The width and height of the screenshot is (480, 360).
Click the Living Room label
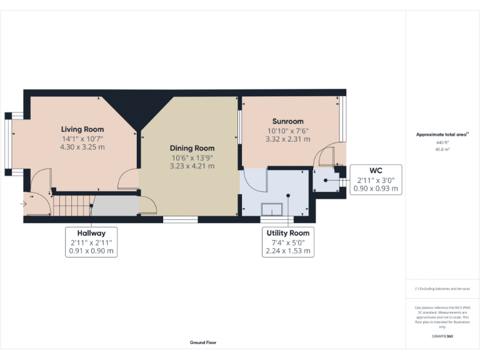click(82, 129)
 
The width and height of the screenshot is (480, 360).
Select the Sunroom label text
click(287, 121)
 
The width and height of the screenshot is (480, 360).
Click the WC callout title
click(376, 170)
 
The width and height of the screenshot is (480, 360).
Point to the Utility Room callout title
click(287, 232)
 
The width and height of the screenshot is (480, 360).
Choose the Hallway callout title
click(92, 232)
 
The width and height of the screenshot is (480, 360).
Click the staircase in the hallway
click(72, 204)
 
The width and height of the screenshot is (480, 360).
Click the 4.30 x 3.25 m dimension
click(82, 147)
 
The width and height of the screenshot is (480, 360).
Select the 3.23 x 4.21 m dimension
click(192, 166)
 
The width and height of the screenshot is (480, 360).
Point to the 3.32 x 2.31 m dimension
click(287, 140)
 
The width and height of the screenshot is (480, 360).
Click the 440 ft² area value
click(442, 142)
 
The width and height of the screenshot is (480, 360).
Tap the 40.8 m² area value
click(442, 149)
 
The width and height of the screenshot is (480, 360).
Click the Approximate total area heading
click(442, 134)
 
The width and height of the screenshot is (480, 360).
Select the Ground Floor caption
click(203, 342)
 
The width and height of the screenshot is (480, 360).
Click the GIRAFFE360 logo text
click(442, 336)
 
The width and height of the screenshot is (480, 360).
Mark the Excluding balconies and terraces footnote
click(442, 289)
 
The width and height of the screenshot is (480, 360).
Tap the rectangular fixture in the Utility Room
click(272, 209)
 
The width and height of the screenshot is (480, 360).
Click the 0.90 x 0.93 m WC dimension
click(376, 188)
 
